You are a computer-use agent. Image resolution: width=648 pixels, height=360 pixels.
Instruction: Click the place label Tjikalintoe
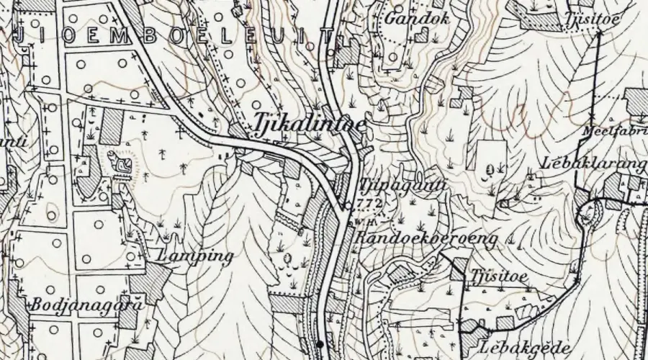coord(308,125)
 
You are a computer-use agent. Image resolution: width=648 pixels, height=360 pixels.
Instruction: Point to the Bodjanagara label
coord(84,305)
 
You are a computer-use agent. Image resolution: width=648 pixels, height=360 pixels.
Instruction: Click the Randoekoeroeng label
coord(425,238)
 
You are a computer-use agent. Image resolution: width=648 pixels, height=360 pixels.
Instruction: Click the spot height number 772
coord(368,204)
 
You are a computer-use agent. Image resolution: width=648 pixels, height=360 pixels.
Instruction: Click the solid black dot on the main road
coord(320,344)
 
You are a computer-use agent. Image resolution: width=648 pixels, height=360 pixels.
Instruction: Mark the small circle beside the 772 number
coord(348,205)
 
